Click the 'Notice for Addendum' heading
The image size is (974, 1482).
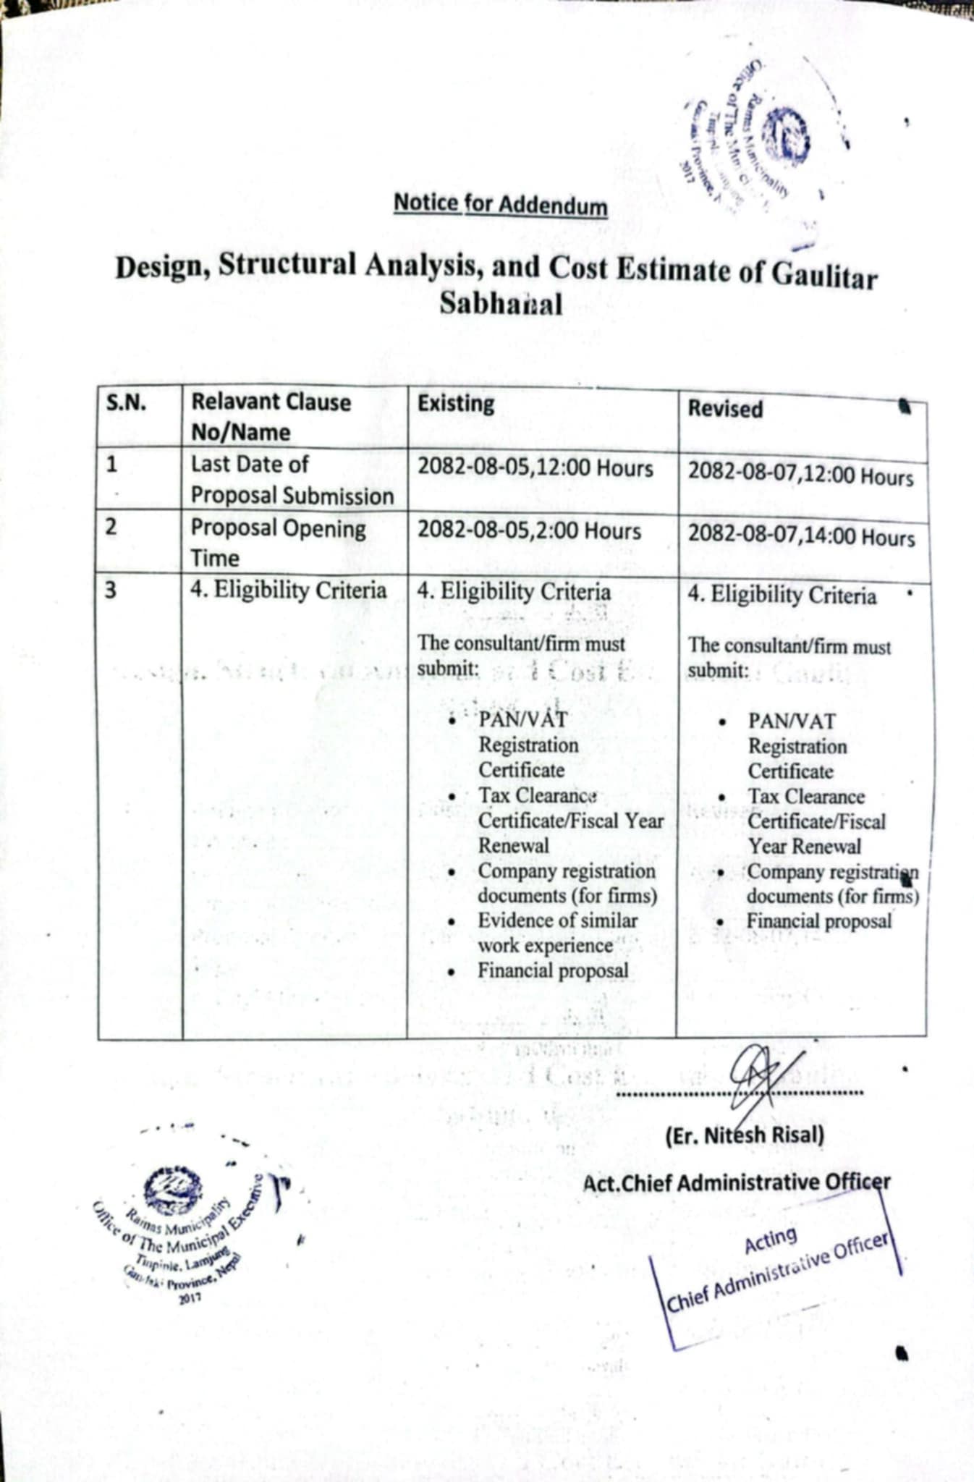(x=500, y=205)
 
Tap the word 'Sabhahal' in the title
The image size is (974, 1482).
(x=500, y=305)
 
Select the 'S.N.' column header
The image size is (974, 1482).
(x=127, y=402)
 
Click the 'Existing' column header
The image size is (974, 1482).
(x=456, y=404)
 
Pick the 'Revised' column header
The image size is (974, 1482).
(x=725, y=409)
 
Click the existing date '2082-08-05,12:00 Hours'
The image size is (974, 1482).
(x=535, y=469)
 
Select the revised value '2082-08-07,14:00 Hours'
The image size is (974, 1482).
(x=801, y=537)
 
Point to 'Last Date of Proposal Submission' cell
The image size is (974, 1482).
(x=292, y=480)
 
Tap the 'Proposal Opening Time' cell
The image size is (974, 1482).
(x=279, y=543)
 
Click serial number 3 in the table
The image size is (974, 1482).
(x=111, y=590)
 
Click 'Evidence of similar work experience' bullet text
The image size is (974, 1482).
(x=557, y=933)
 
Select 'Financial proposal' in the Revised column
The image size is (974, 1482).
(x=819, y=921)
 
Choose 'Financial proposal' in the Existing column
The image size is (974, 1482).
(x=553, y=970)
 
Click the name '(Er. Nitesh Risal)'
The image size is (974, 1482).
(x=745, y=1135)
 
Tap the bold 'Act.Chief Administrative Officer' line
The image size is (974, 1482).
(x=737, y=1183)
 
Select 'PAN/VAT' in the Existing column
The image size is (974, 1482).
(x=523, y=720)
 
